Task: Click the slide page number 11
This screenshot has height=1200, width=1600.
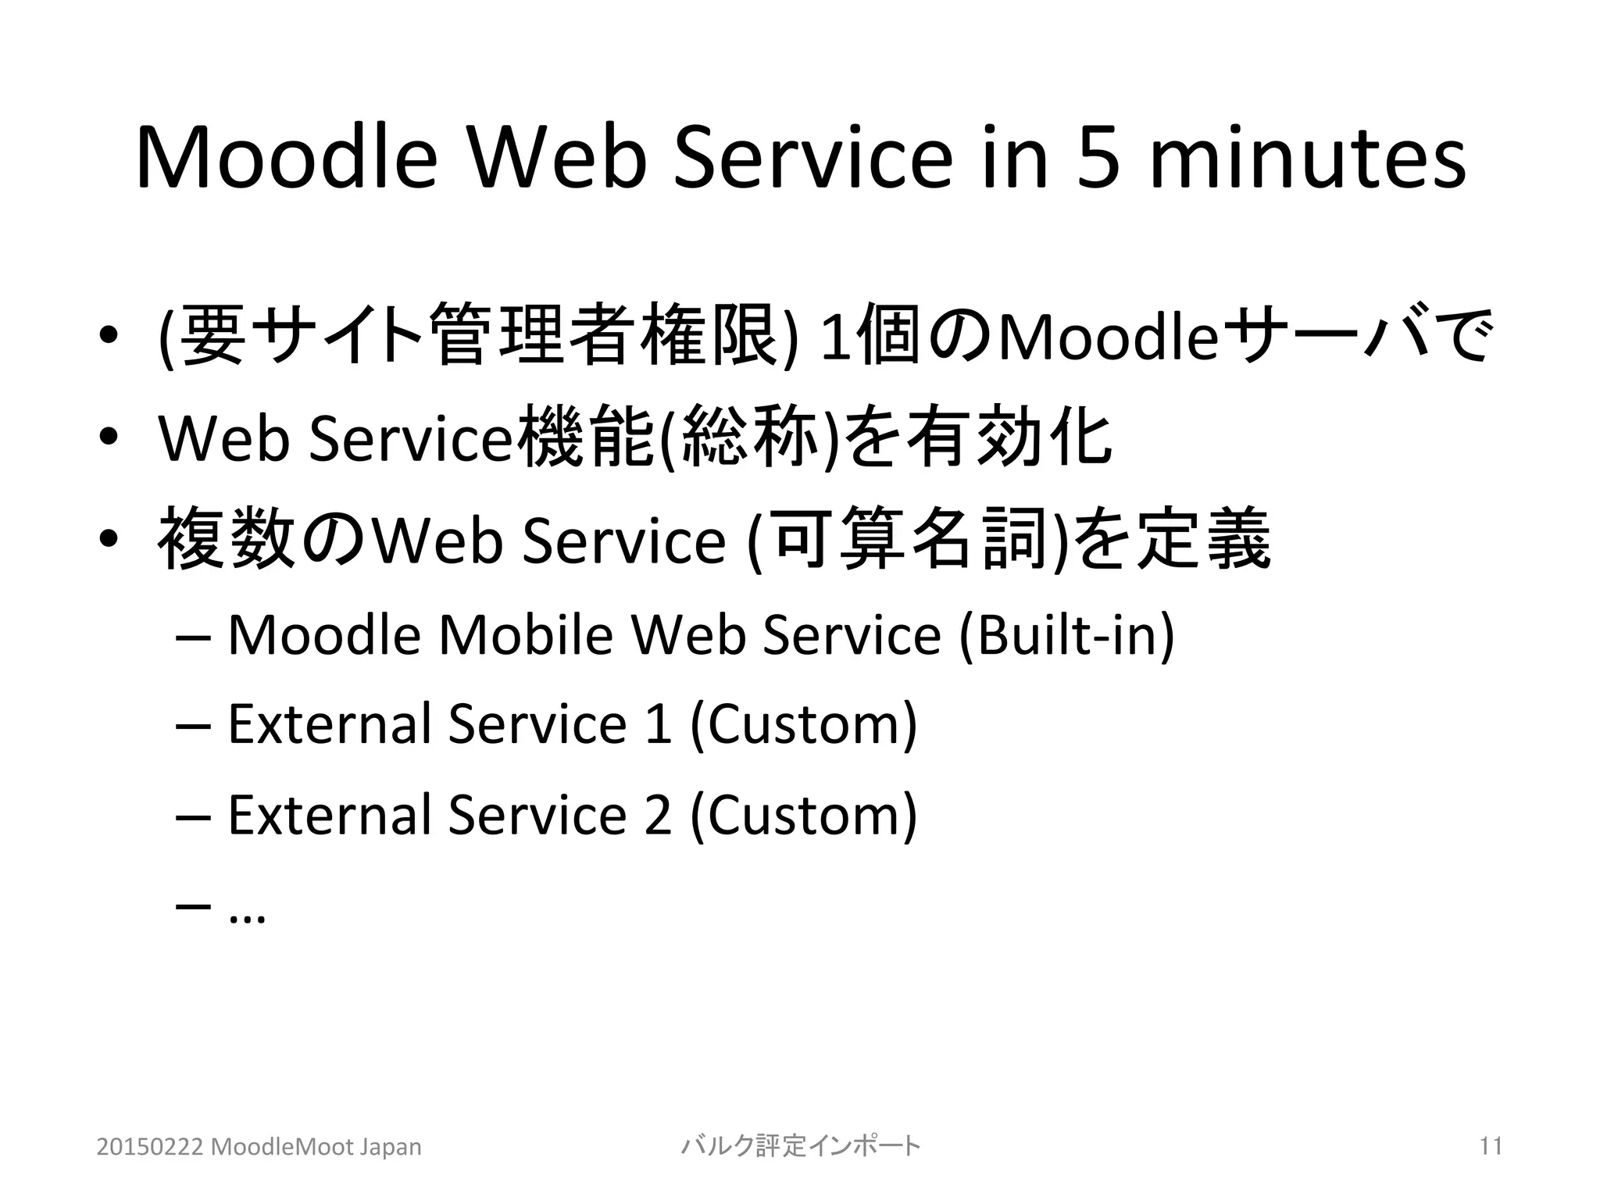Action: click(x=1491, y=1146)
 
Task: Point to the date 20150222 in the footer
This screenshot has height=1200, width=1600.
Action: click(x=150, y=1147)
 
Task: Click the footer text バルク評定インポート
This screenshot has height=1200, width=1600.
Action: click(x=801, y=1146)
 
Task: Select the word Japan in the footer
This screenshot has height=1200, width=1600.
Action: click(x=390, y=1147)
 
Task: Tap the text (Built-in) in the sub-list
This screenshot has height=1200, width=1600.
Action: click(x=1066, y=634)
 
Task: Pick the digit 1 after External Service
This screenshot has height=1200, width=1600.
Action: click(x=659, y=723)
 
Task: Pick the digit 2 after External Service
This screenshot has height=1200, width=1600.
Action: click(x=659, y=814)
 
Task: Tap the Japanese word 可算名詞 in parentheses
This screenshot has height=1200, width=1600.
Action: click(x=909, y=539)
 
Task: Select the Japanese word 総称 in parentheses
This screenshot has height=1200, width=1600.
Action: click(x=748, y=437)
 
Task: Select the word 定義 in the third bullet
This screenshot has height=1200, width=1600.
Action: click(x=1203, y=539)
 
